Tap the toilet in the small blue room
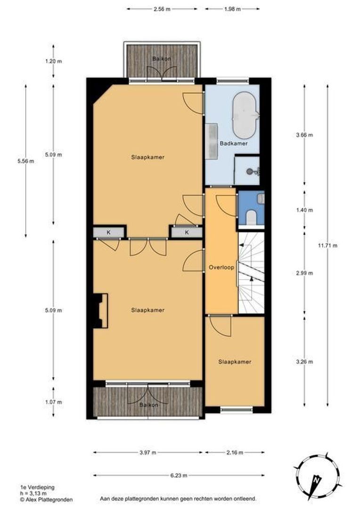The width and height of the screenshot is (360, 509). point(252,217)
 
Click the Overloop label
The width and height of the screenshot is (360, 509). point(221,268)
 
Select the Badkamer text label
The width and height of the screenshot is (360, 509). point(234,143)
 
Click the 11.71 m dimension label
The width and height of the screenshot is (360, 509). point(327,246)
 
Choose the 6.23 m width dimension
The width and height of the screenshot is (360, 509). point(179,476)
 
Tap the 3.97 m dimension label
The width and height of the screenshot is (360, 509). point(147,452)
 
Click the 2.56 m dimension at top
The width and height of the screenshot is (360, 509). point(162,9)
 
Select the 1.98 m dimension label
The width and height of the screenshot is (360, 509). point(232,9)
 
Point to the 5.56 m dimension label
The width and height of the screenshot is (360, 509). point(25,161)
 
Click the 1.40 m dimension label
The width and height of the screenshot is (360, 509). point(304,210)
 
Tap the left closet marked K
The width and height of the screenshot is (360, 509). point(109,232)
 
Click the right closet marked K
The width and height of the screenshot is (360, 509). point(187,232)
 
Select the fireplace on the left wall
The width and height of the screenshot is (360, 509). point(100,311)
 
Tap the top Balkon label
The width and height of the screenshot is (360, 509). point(162,59)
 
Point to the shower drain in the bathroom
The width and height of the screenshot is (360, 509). point(250,171)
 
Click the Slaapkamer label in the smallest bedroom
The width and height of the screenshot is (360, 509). point(235,361)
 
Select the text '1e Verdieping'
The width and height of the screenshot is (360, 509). point(37,487)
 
